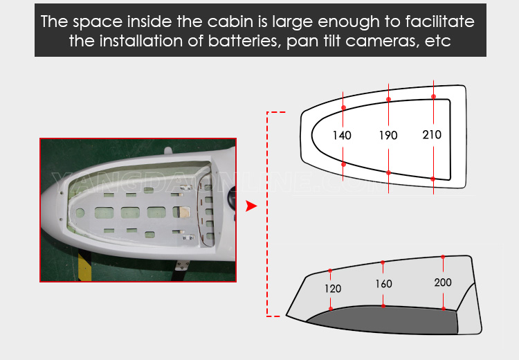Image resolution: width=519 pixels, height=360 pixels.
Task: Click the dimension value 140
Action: tap(342, 135)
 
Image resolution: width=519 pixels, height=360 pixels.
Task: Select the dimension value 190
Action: tap(388, 135)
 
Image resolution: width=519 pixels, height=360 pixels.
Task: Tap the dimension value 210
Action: tap(432, 134)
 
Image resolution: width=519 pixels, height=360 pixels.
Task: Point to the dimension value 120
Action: tap(333, 289)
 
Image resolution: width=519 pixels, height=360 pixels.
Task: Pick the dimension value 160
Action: tap(383, 284)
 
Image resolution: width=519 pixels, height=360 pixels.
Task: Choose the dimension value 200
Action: tap(443, 282)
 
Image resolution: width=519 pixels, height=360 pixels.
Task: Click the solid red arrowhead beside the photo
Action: tap(251, 206)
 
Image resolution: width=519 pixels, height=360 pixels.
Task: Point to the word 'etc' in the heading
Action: tap(438, 42)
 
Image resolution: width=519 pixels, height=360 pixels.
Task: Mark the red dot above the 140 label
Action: tap(343, 107)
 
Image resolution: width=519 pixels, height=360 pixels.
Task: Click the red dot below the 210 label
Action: tap(433, 179)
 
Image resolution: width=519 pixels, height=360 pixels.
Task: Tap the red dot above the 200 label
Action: tap(443, 257)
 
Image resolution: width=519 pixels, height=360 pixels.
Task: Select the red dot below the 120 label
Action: tap(331, 309)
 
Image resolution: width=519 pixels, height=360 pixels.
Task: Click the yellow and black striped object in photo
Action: tap(84, 266)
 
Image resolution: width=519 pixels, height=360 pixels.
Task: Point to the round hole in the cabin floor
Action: tap(80, 213)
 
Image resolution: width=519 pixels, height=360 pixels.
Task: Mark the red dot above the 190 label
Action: tap(389, 100)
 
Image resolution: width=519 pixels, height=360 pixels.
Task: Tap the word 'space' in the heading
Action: tap(98, 23)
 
